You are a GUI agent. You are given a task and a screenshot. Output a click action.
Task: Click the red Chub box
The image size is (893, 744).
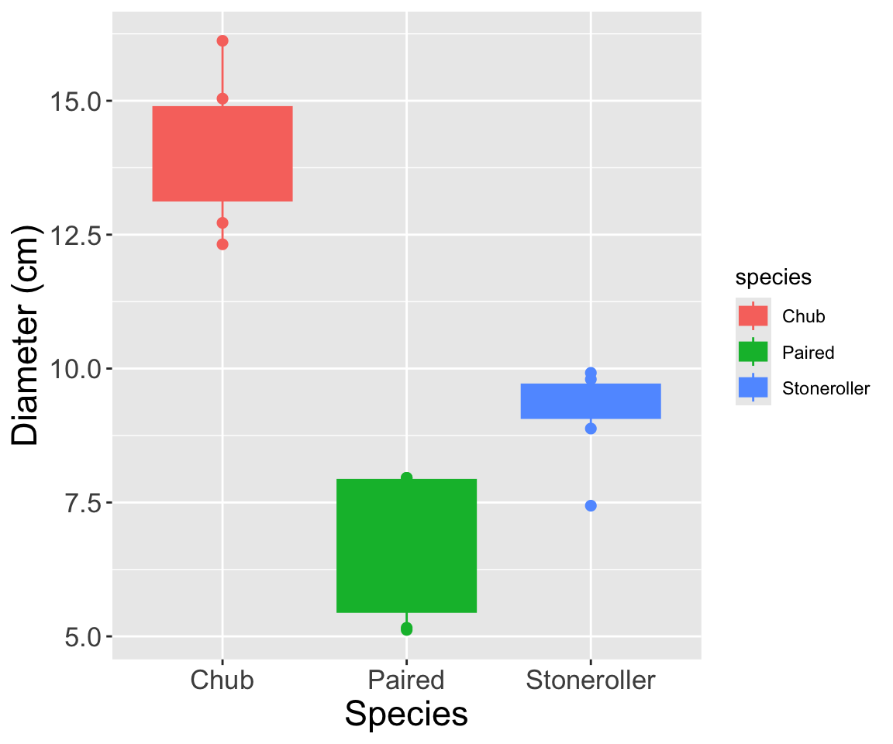[x=222, y=153]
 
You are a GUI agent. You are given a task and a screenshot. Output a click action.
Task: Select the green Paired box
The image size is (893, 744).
[x=406, y=546]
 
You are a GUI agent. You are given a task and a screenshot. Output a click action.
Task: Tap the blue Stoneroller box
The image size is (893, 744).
[x=591, y=401]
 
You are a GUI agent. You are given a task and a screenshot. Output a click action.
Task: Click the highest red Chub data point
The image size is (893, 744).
[x=222, y=40]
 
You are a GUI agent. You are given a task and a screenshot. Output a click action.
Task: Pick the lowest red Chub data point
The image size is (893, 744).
[x=222, y=244]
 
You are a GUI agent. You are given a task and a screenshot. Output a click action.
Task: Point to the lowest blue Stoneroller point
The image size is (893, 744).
[x=591, y=505]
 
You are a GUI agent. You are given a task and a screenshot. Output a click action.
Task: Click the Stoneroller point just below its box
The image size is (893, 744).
[x=591, y=428]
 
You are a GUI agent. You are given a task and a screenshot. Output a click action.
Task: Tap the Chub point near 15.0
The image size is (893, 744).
[x=222, y=98]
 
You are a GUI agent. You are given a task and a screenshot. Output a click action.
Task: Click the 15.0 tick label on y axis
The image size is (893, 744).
[x=74, y=102]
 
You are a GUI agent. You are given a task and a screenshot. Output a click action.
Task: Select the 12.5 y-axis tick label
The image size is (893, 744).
[x=74, y=235]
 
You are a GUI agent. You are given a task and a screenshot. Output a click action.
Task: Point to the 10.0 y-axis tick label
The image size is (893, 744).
[x=74, y=369]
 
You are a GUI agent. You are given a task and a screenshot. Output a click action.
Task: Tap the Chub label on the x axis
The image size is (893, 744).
[x=222, y=680]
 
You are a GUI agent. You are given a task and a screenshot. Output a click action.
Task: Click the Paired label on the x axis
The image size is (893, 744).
[x=406, y=680]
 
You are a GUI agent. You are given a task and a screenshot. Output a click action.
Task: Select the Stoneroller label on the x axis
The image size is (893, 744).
[x=591, y=680]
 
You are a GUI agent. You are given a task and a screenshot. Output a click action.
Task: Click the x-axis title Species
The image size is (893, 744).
[x=406, y=714]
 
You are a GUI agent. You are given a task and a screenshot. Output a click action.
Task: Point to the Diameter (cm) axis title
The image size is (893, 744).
[x=28, y=336]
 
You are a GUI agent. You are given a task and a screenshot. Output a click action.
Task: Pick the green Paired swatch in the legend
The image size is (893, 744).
[x=753, y=352]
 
